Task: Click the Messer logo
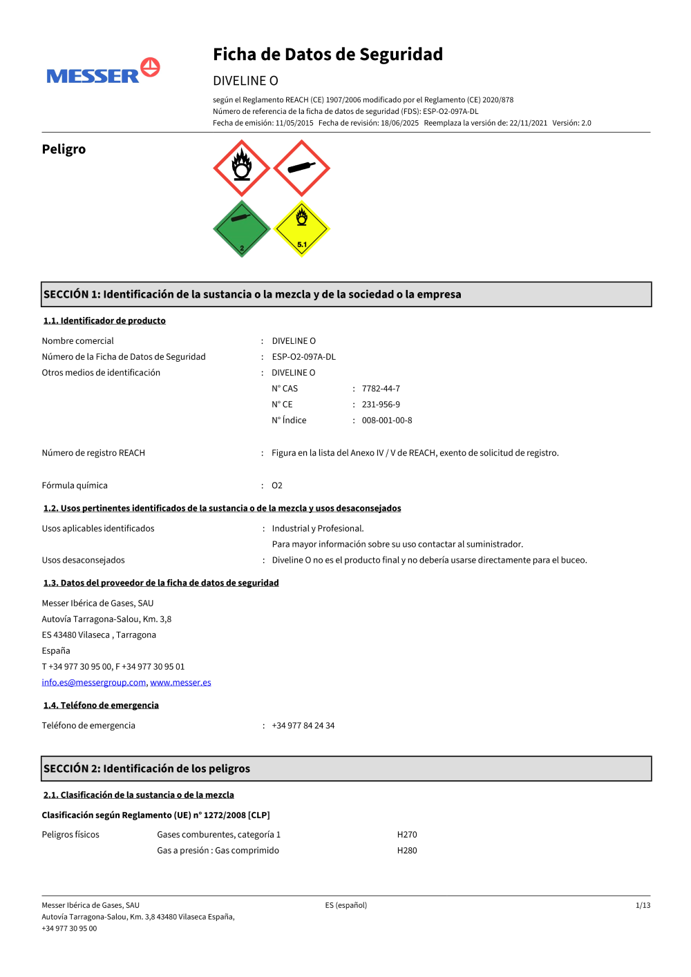[103, 72]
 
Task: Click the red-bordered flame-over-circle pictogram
[242, 168]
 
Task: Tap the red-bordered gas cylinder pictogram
[301, 168]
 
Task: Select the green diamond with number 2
[242, 229]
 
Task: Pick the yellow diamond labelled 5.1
[301, 229]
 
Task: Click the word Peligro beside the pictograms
[64, 149]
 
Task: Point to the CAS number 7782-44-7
[381, 389]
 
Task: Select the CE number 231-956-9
[381, 405]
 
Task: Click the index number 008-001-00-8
[387, 420]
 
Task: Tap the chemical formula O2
[277, 485]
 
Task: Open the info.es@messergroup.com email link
[94, 682]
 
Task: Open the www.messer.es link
[180, 682]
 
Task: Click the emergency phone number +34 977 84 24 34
[303, 726]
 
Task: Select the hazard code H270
[407, 835]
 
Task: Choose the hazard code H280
[407, 851]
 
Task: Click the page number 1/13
[643, 905]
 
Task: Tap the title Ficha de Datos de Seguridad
[328, 55]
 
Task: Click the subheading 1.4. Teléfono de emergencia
[101, 705]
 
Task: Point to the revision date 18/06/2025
[399, 123]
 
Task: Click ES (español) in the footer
[346, 905]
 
